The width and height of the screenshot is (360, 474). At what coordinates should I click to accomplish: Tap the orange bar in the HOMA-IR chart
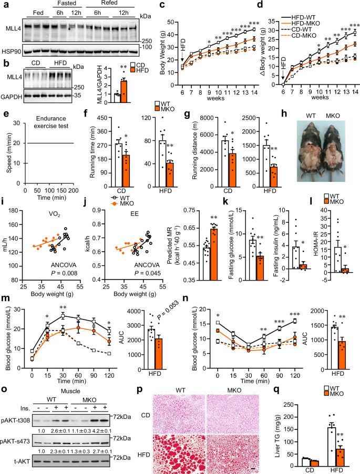point(346,270)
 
